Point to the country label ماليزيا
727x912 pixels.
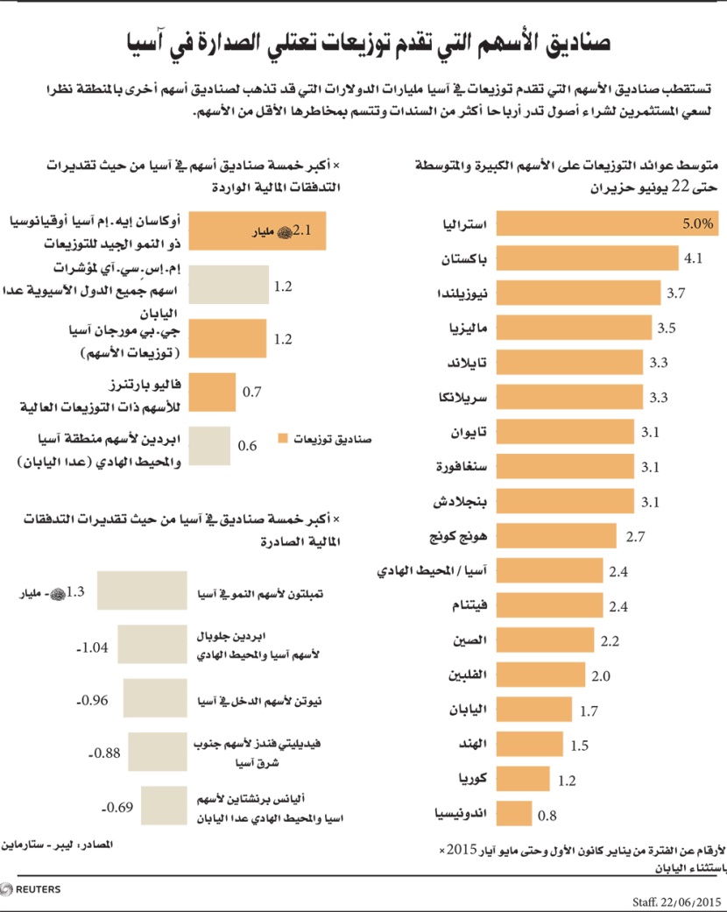[469, 329]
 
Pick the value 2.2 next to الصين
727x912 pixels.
[611, 641]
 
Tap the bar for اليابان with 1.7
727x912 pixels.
[535, 710]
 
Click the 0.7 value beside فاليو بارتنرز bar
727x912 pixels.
[251, 392]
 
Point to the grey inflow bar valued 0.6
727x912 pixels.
[209, 446]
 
